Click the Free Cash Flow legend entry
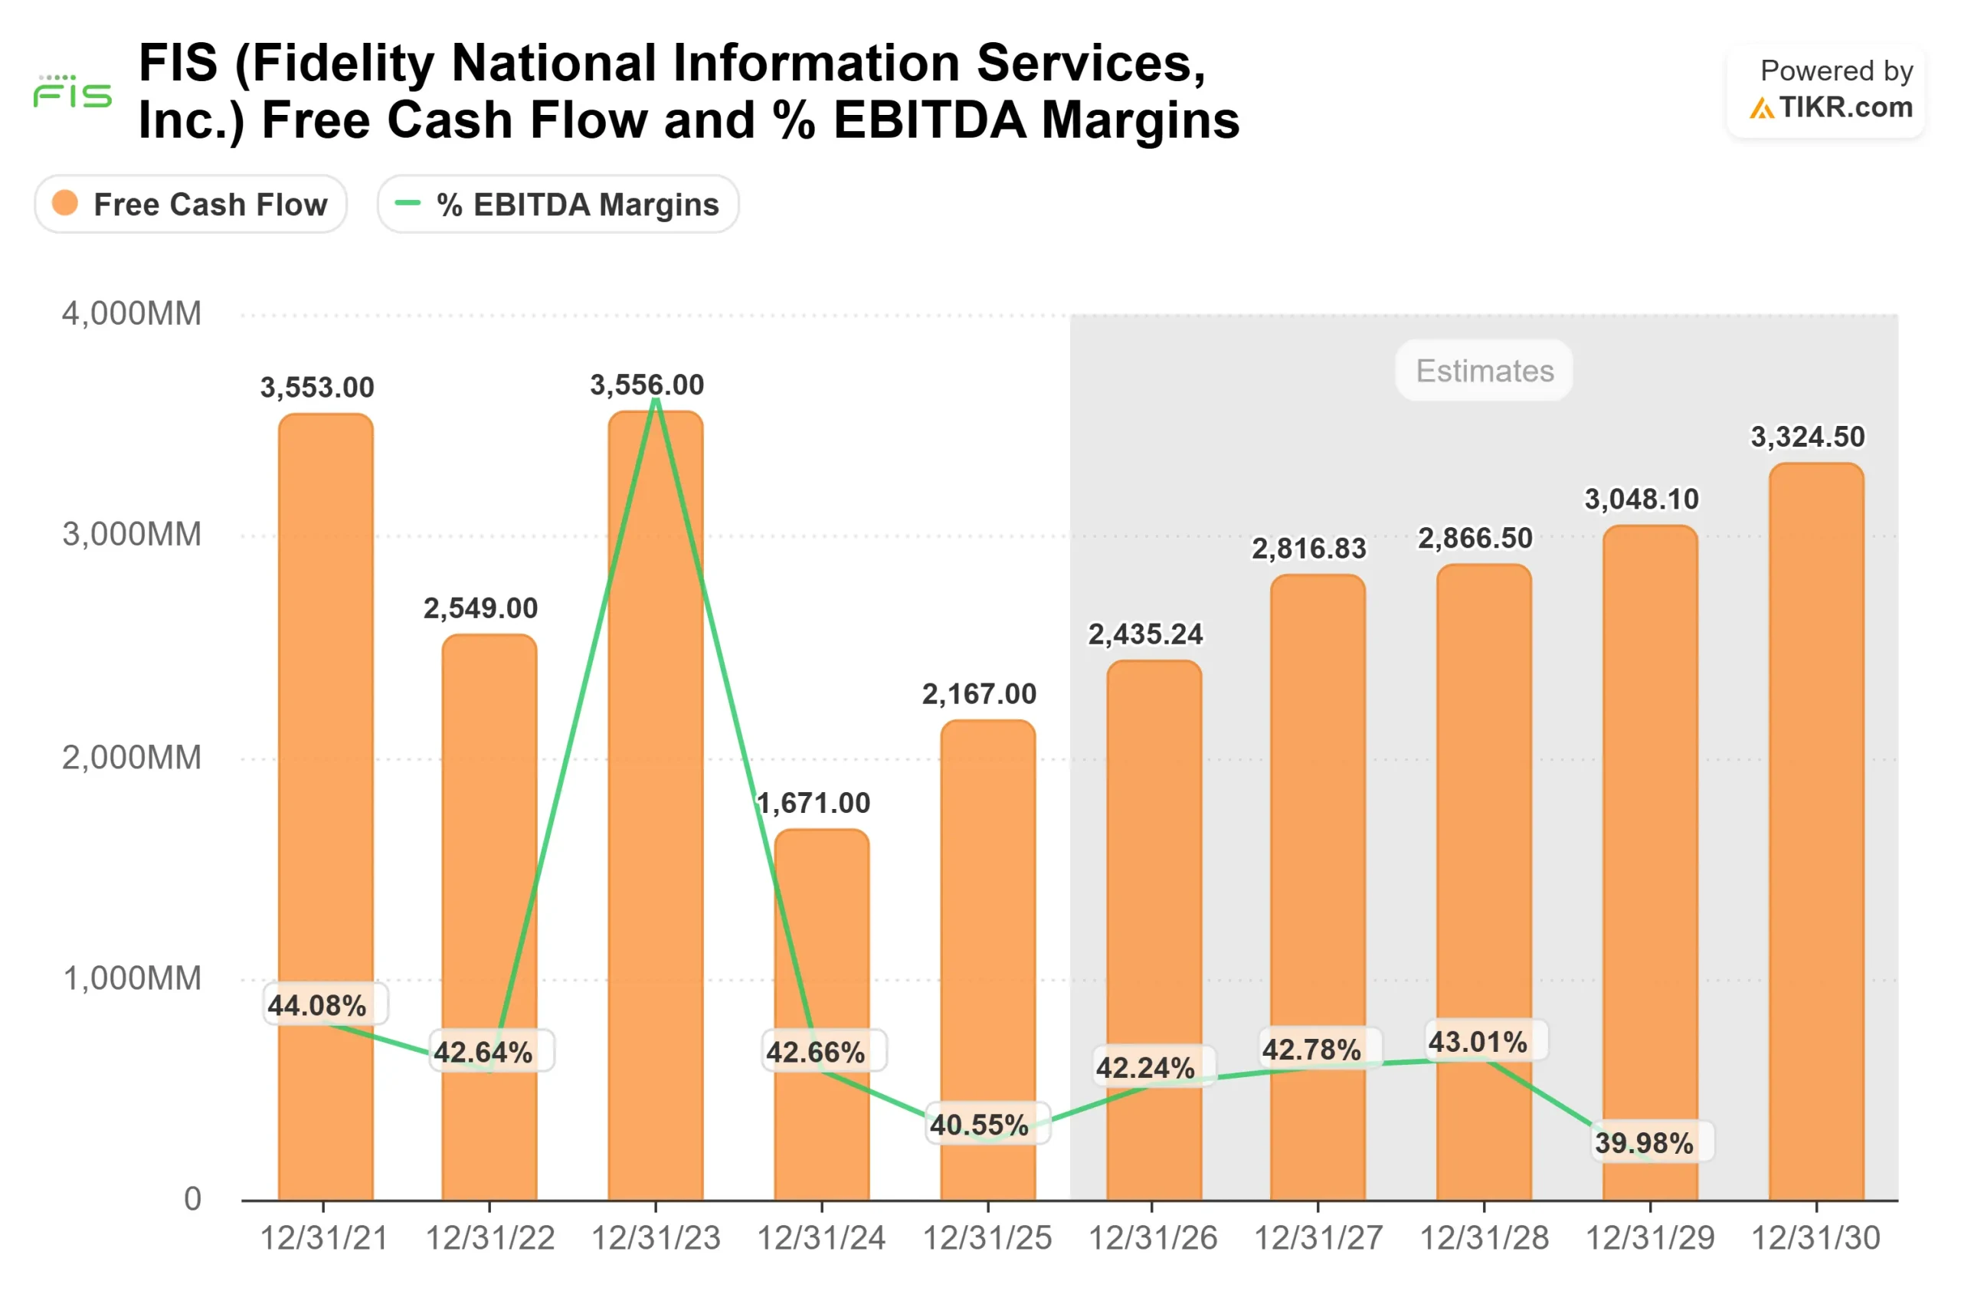click(190, 205)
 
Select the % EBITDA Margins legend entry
click(558, 205)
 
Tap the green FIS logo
click(73, 92)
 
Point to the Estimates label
click(1485, 370)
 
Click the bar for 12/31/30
click(1816, 834)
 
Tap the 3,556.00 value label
click(647, 385)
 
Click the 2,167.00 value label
click(978, 693)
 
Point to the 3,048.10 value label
click(1641, 500)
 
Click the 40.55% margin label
click(979, 1125)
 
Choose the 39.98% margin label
click(1643, 1143)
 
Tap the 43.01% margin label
click(1478, 1042)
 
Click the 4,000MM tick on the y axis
click(132, 314)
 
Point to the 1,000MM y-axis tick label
click(132, 978)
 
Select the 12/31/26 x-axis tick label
click(1153, 1238)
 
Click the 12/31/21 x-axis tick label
click(323, 1238)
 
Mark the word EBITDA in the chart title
click(930, 120)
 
